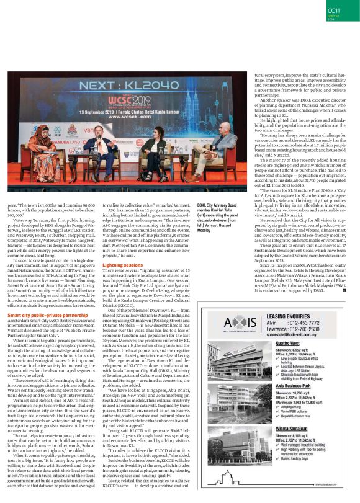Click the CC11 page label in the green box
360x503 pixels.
[334, 11]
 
